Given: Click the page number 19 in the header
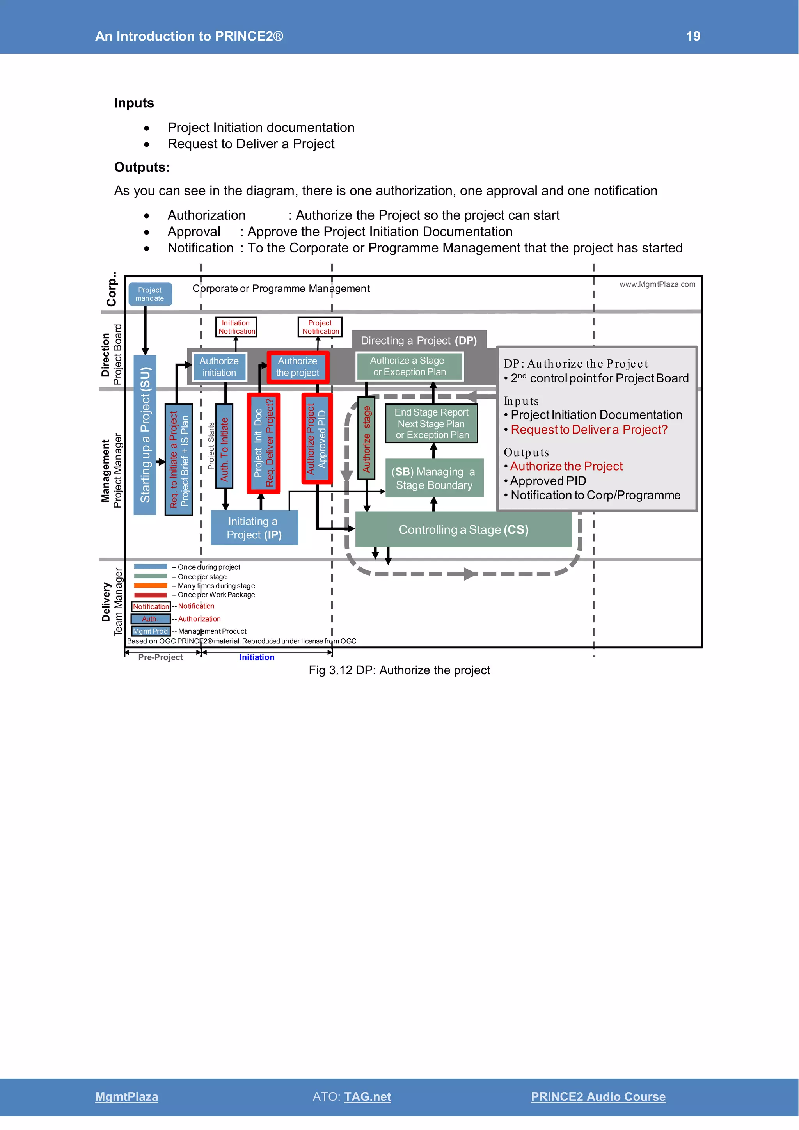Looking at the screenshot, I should click(x=693, y=36).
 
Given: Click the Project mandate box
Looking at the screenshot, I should click(x=150, y=294).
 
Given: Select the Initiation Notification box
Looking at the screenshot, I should click(x=236, y=327).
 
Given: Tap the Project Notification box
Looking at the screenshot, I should click(x=320, y=327).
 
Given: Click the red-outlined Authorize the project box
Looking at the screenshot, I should click(x=298, y=367).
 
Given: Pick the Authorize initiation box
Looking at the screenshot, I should click(x=219, y=367).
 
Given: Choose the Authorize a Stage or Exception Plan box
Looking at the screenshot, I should click(x=409, y=367).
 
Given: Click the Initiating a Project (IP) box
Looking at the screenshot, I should click(x=254, y=528).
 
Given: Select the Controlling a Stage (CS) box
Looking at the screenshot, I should click(x=463, y=529).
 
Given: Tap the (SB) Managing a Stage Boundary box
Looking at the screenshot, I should click(x=434, y=478).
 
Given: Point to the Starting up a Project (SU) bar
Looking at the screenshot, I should click(x=145, y=435).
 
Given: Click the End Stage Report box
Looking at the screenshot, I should click(x=431, y=423).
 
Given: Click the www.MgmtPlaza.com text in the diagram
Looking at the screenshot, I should click(x=657, y=284).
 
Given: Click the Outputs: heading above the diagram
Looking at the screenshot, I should click(x=142, y=167).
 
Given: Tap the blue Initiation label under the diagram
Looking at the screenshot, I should click(x=256, y=657).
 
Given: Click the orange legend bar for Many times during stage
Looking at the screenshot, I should click(x=151, y=586).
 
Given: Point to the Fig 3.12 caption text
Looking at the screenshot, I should click(x=399, y=670).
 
